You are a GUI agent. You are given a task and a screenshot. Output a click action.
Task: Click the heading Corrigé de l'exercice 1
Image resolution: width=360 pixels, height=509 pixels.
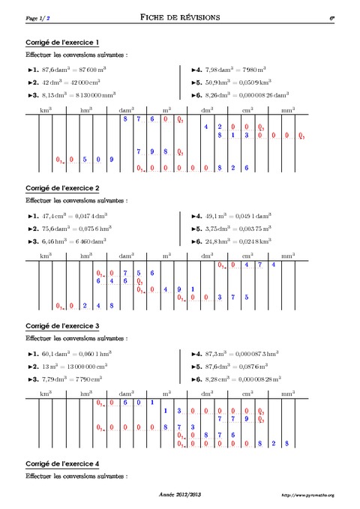(63, 42)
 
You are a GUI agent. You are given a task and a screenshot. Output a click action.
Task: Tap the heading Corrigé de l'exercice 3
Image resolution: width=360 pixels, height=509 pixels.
(63, 326)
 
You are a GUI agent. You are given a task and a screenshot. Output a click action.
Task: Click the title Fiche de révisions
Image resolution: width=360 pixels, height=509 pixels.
(179, 16)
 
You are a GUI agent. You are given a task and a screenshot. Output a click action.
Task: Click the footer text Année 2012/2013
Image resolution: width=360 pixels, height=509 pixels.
(180, 495)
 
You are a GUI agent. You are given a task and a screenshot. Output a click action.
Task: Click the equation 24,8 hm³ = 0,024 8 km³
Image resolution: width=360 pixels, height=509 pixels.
(236, 242)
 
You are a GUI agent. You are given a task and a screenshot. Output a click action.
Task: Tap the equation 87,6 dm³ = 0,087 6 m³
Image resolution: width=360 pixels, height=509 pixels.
(235, 367)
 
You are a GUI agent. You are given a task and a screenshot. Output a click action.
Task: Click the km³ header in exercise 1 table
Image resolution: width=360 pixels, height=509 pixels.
(46, 110)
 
